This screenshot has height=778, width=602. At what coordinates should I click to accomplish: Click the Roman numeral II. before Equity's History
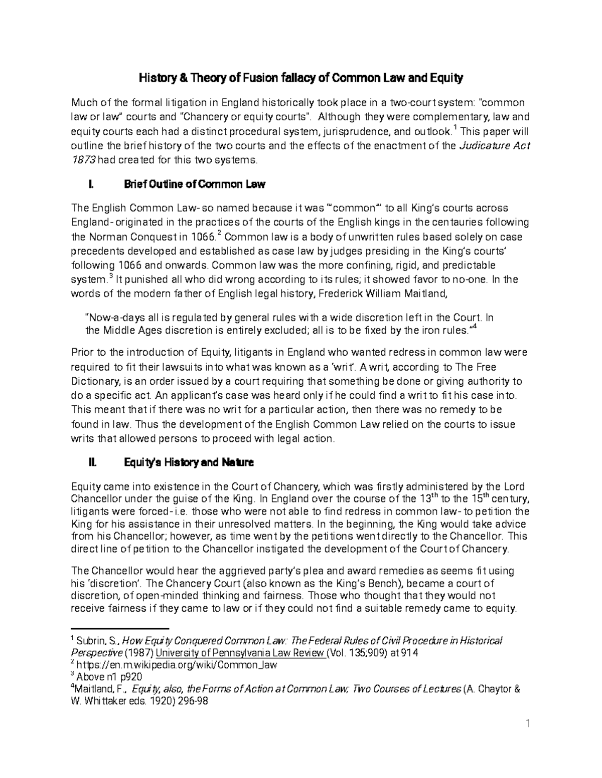pyautogui.click(x=91, y=462)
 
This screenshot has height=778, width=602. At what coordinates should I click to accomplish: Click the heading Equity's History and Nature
pyautogui.click(x=189, y=462)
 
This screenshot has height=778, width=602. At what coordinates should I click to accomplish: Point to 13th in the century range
pyautogui.click(x=426, y=498)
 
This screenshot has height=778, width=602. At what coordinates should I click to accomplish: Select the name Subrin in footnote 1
pyautogui.click(x=92, y=641)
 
